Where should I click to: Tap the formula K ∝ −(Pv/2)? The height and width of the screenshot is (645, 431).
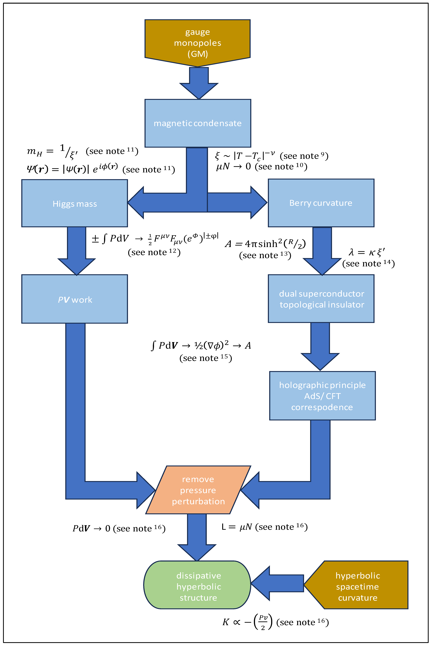coord(247,622)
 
